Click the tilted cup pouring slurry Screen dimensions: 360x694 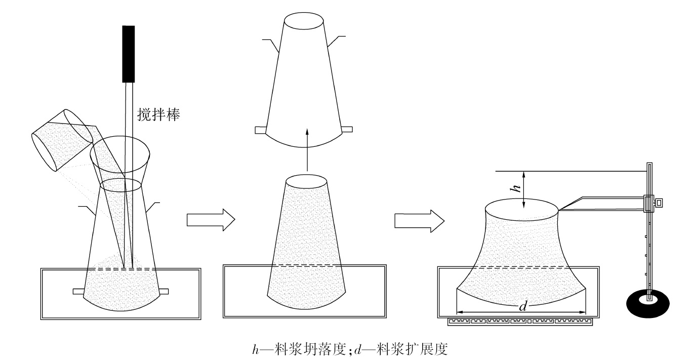pos(62,139)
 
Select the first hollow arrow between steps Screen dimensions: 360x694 pos(210,220)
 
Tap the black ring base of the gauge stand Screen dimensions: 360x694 pos(648,302)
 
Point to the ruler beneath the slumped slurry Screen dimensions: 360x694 pos(521,321)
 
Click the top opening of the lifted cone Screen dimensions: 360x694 pos(304,23)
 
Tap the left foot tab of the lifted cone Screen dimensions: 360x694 pos(260,130)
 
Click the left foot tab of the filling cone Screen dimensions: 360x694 pos(78,291)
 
